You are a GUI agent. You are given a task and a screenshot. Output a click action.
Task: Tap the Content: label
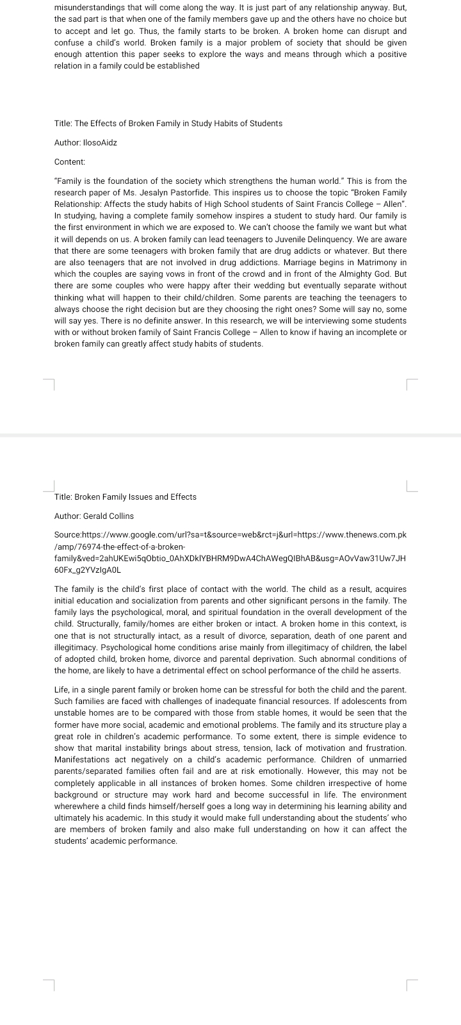point(70,162)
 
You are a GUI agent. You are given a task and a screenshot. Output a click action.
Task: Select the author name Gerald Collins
point(108,516)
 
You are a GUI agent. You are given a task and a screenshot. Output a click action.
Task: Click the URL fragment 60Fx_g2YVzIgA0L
point(88,570)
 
